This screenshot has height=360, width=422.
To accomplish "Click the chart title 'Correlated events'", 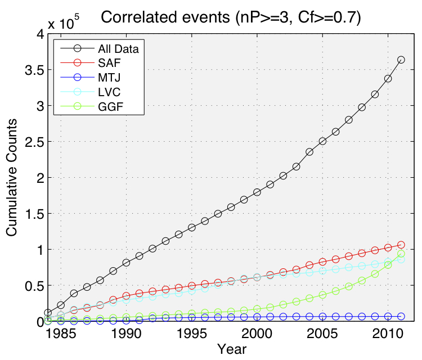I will click(x=230, y=18).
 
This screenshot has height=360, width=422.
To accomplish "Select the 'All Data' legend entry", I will click(x=118, y=48).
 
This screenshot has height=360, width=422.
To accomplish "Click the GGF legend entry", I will click(x=110, y=106).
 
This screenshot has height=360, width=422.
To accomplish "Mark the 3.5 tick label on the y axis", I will click(x=32, y=70).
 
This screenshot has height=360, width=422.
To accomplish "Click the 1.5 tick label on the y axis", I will click(x=32, y=214).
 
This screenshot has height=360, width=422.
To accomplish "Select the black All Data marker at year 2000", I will click(x=257, y=192).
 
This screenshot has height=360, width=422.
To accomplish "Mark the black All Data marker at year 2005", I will click(x=322, y=141).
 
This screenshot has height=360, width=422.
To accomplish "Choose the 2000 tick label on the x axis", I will click(x=257, y=334).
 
